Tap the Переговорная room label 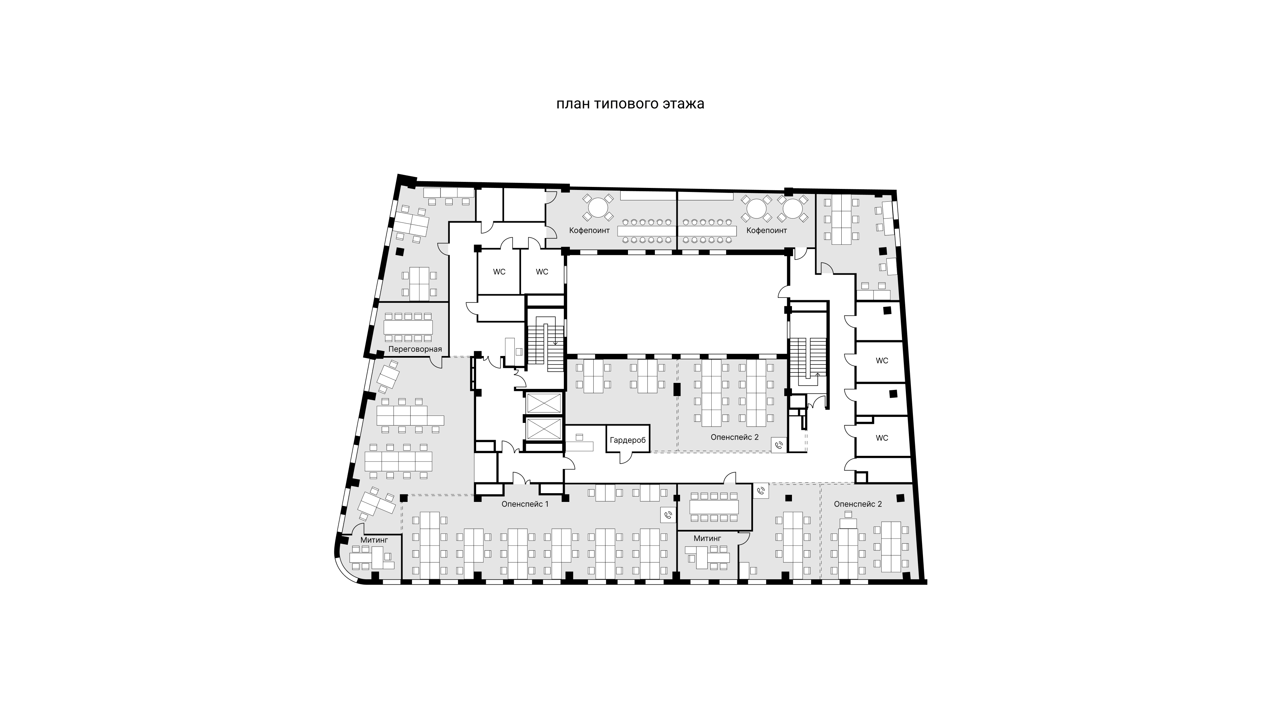[415, 349]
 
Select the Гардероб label [628, 440]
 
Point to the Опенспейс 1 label [525, 504]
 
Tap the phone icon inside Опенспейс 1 [668, 515]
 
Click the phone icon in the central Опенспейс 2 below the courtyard [779, 445]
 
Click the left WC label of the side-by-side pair [499, 272]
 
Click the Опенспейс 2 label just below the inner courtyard [734, 437]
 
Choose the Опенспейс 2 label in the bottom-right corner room [858, 504]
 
